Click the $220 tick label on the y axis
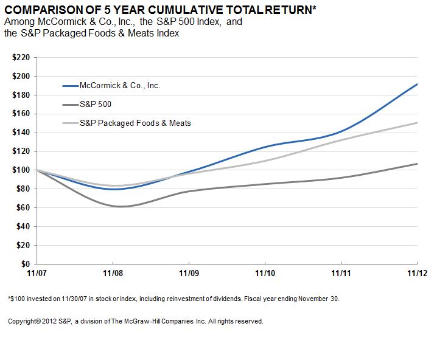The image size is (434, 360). tap(21, 57)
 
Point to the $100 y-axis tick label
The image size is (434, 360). tap(21, 170)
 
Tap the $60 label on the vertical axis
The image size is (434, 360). tap(23, 208)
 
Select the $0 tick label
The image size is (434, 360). tap(26, 265)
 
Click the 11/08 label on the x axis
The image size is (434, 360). tap(113, 274)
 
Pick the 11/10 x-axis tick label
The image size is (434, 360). tap(265, 274)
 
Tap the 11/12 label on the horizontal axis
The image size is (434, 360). tap(416, 274)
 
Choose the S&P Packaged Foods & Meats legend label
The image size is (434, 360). tap(135, 123)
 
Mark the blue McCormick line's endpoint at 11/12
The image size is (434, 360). tap(417, 84)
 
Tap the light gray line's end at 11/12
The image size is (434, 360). tap(417, 123)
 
